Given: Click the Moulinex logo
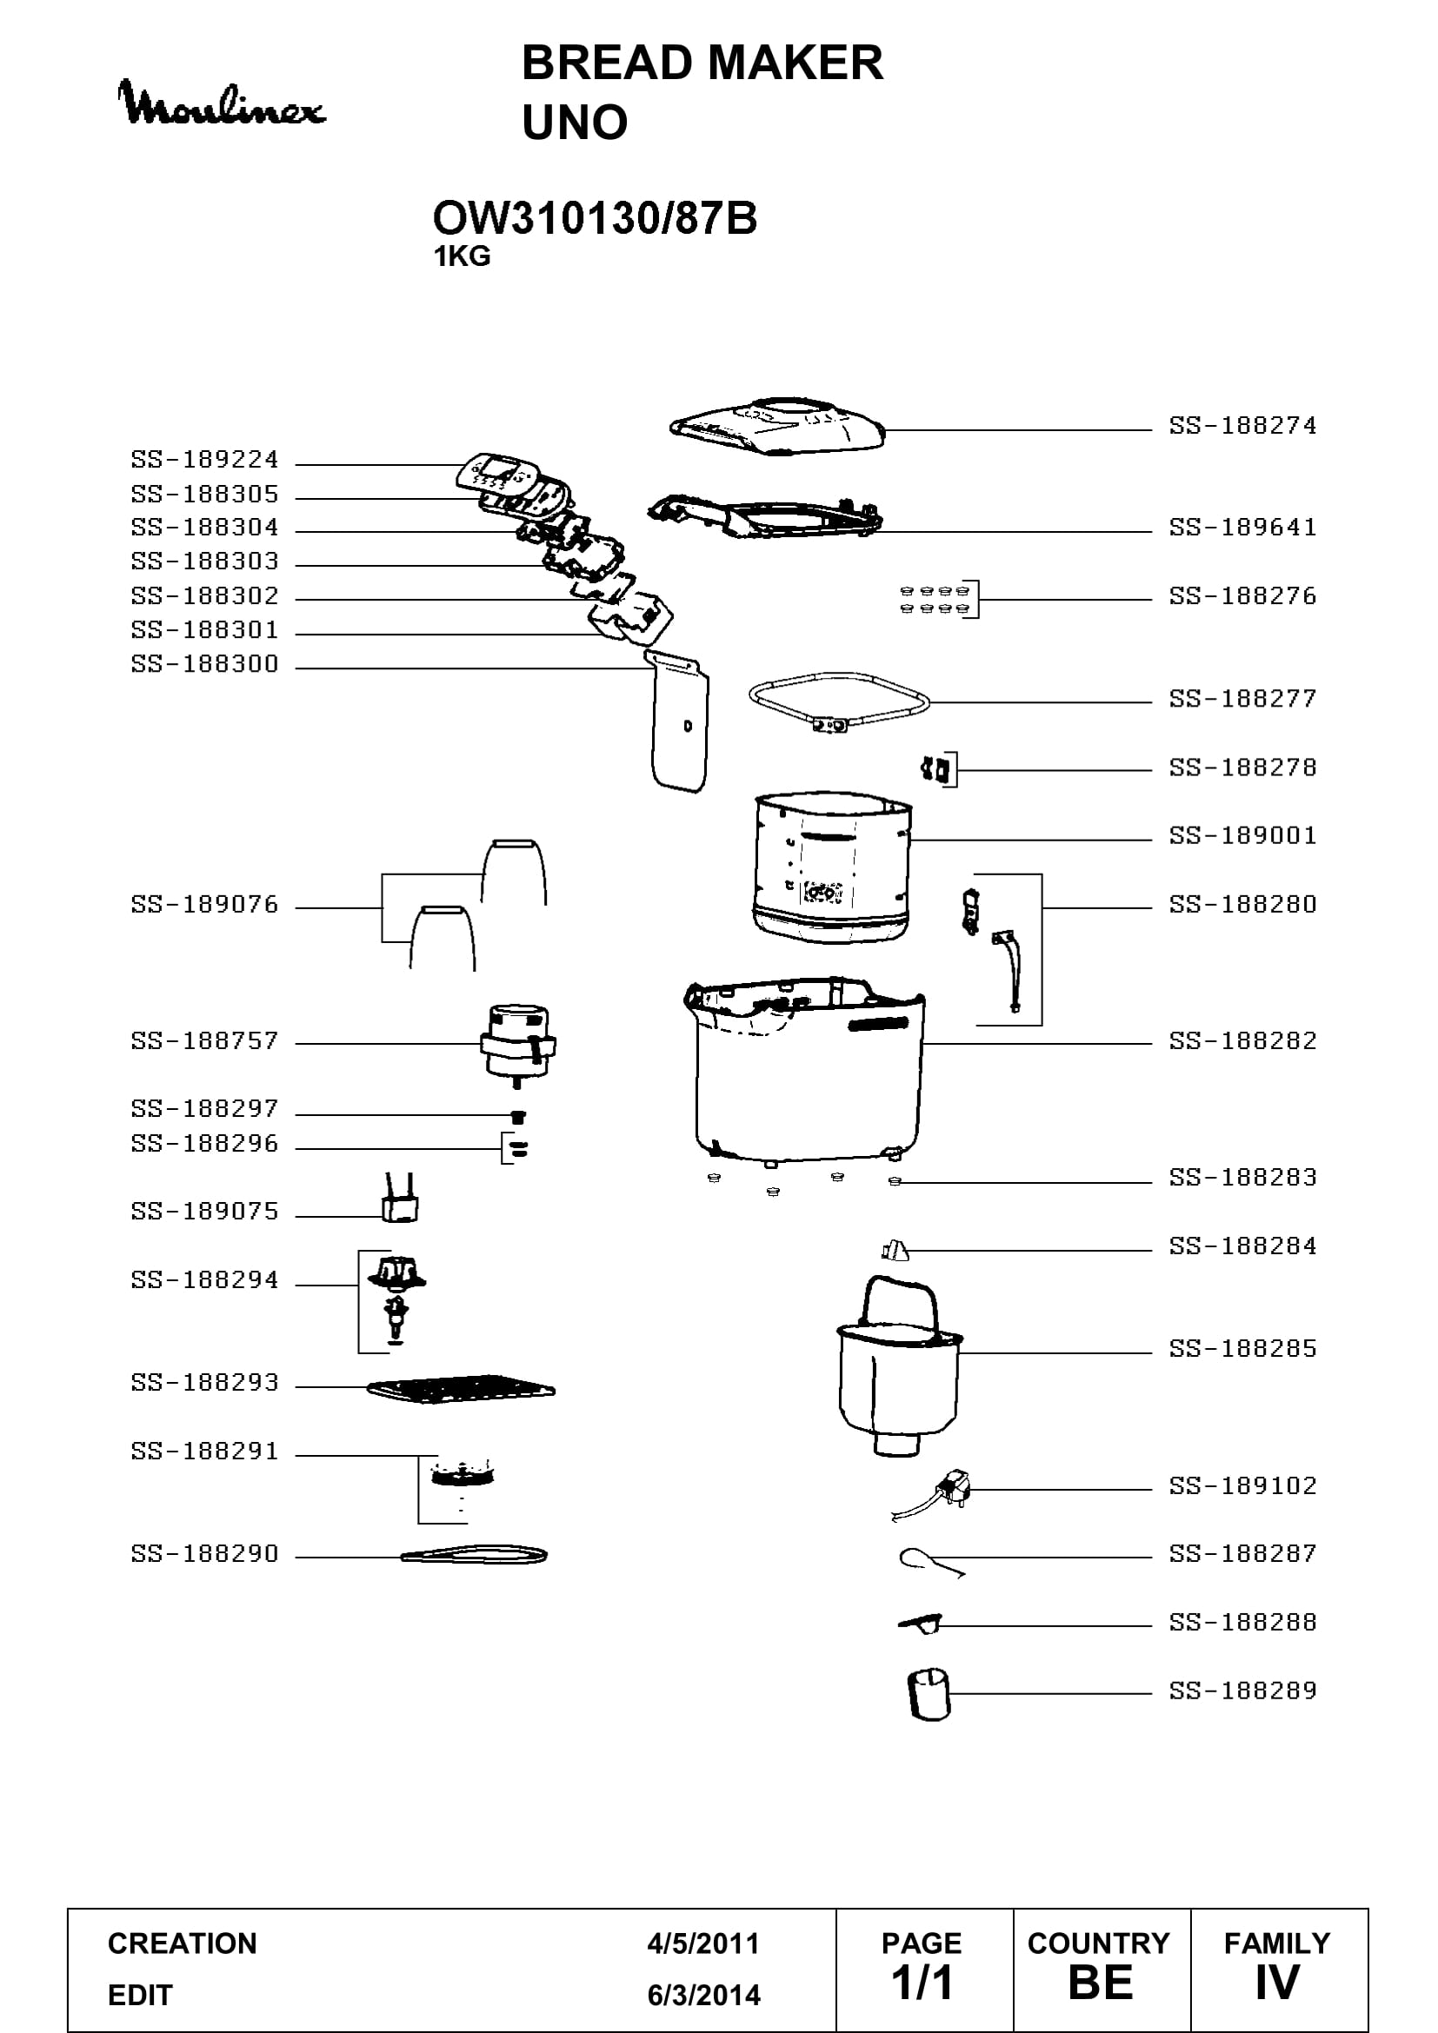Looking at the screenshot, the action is [222, 103].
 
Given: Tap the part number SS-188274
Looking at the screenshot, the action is [1242, 426].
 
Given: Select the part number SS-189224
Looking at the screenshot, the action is [204, 460].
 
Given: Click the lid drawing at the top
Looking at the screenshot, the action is [777, 428].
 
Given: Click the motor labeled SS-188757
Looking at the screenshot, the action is [518, 1047].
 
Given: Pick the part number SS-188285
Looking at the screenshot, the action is [1242, 1349].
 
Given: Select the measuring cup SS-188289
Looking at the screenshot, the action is [928, 1695].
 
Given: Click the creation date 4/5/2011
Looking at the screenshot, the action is [703, 1943].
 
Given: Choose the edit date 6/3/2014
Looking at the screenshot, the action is [704, 1995].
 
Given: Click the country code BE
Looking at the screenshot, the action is [1100, 1983].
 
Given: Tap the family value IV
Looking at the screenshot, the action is [1277, 1983].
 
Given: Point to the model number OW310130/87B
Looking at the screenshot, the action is [594, 218].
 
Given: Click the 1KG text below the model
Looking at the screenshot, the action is [462, 256].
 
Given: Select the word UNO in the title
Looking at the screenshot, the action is [575, 123].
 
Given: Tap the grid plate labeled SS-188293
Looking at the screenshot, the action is [461, 1388].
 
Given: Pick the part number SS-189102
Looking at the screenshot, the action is [1242, 1485].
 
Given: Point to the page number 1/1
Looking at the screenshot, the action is [922, 1983].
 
